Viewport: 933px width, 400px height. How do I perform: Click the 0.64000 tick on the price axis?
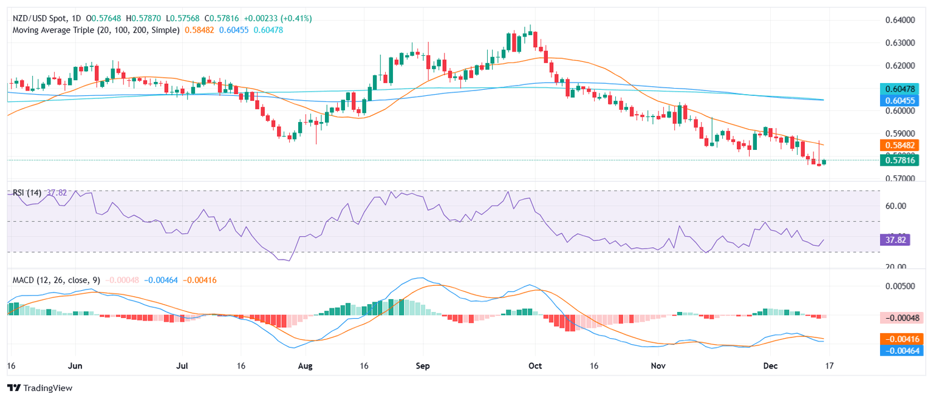(897, 20)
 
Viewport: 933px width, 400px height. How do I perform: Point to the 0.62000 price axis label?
(897, 66)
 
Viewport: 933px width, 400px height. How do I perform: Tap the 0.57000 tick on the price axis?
(897, 179)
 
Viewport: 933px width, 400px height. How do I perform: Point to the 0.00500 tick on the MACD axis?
(897, 286)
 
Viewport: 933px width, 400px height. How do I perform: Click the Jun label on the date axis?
(75, 367)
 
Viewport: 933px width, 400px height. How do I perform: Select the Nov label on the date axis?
(658, 367)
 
